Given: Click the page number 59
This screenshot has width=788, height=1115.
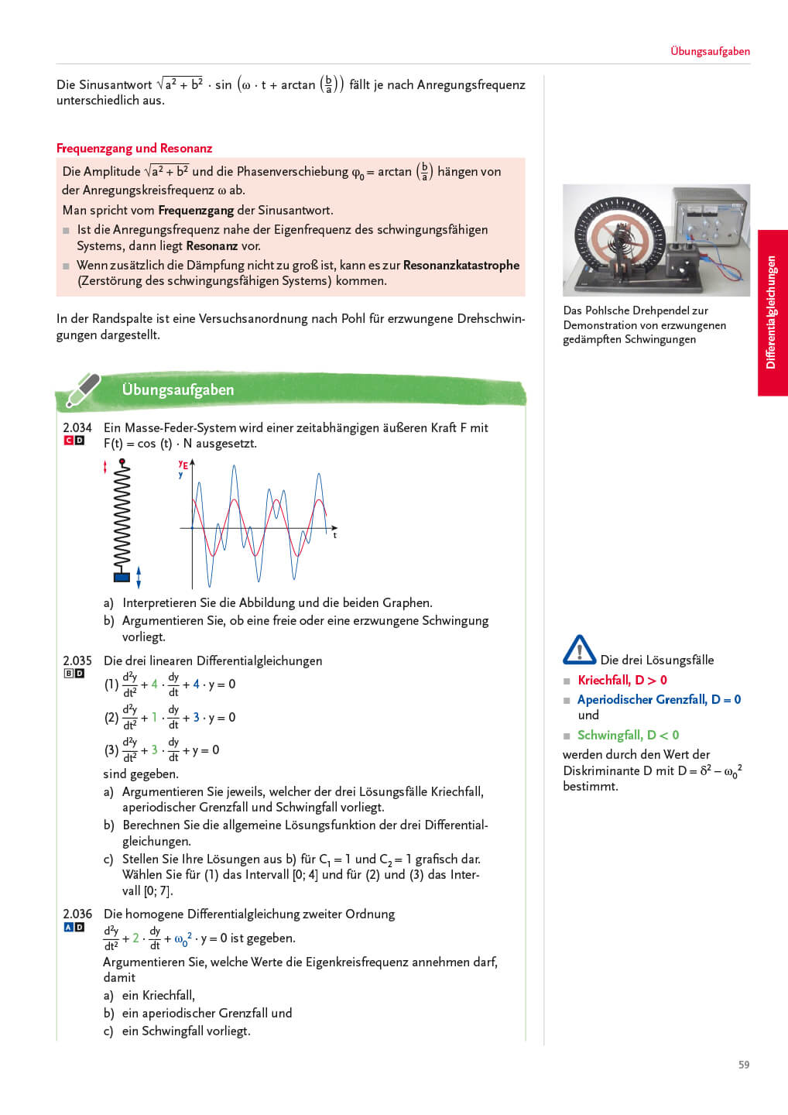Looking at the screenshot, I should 743,1065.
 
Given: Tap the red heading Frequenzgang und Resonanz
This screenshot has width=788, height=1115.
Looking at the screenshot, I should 134,148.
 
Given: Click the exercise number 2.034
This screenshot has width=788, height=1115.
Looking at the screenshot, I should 77,427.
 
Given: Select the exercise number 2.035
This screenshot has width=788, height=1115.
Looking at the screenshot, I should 77,660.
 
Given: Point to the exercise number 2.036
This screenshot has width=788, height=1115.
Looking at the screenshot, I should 77,914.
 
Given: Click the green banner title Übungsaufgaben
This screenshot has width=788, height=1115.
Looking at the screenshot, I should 178,389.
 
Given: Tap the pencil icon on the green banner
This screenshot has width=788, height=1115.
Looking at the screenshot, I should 83,389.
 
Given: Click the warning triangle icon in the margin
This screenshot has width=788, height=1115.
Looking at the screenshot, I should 579,650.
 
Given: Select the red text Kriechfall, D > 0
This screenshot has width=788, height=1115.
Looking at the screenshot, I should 622,680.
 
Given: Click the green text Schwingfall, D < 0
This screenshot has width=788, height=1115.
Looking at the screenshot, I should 628,735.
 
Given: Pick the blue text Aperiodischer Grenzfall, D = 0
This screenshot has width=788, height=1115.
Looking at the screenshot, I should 659,699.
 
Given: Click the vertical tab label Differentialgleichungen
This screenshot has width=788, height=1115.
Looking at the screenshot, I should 771,312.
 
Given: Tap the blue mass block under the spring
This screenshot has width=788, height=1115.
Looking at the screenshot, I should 122,576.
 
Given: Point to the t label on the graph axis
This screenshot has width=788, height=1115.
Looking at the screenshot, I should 334,535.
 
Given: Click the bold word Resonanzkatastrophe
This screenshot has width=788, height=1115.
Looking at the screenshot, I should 461,265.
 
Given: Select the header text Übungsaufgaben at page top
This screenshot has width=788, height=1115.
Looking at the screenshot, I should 710,51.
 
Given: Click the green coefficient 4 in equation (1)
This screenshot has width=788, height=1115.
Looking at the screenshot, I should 155,684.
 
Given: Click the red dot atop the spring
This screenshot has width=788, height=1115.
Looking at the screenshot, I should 122,461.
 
